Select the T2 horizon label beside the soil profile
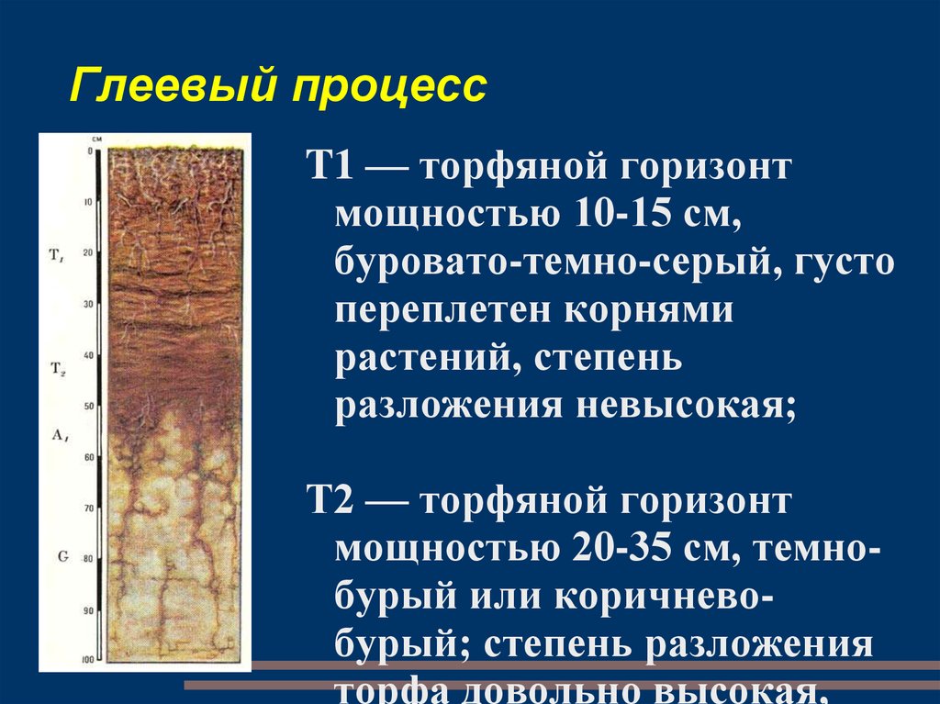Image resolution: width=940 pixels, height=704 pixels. tap(56, 367)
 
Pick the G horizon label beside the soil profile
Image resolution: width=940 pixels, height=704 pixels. tap(61, 556)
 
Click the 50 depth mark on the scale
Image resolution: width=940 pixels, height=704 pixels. tap(88, 406)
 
